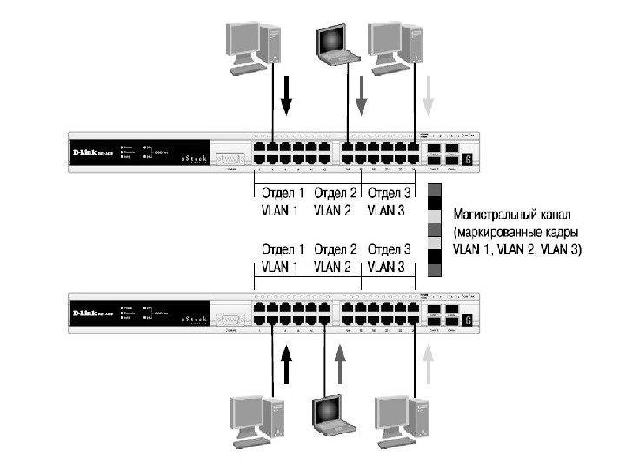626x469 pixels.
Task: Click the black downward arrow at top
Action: [x=287, y=95]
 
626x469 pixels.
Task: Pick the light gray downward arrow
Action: [x=427, y=95]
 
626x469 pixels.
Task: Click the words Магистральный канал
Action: [x=513, y=213]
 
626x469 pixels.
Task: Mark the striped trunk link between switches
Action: [x=436, y=229]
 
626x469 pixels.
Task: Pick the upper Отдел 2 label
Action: [x=336, y=193]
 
